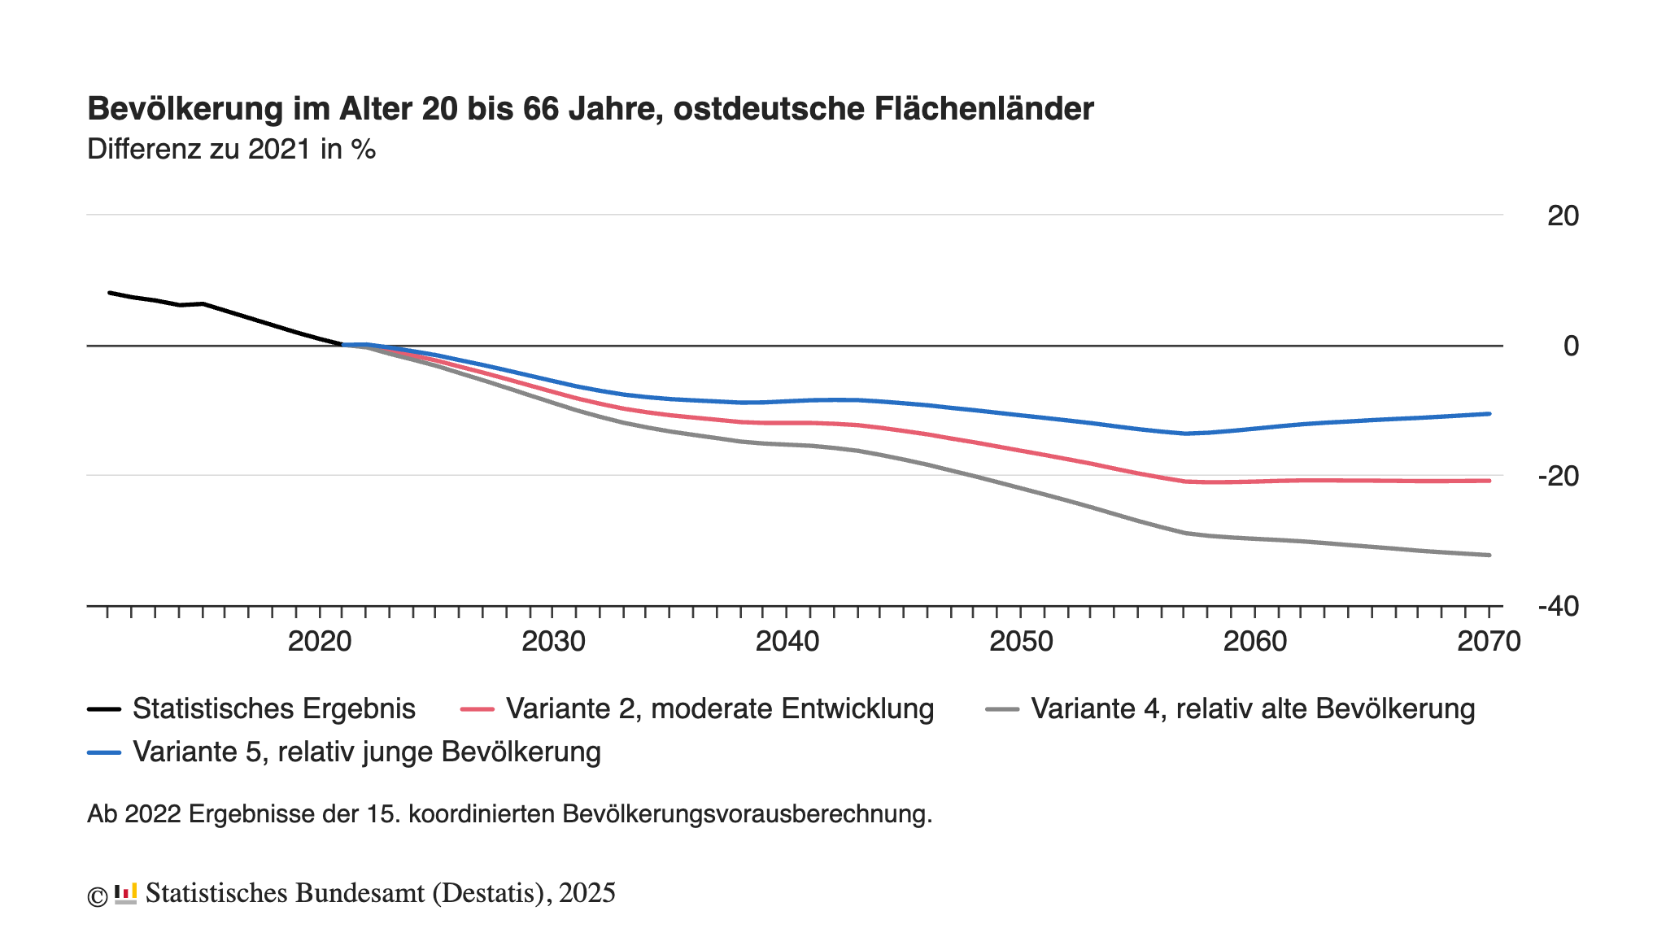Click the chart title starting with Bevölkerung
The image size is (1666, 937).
tap(590, 109)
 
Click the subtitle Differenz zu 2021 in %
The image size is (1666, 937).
tap(231, 150)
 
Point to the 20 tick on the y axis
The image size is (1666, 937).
tap(1563, 216)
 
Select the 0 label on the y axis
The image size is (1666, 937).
tap(1571, 346)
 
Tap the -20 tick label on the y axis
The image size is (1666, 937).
tap(1558, 477)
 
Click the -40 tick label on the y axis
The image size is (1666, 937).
tap(1558, 607)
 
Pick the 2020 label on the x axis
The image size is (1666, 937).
tap(320, 642)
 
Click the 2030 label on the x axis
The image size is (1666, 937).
tap(553, 642)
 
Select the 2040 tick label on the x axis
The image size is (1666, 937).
tap(787, 642)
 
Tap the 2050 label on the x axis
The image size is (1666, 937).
tap(1021, 642)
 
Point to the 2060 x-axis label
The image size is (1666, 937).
tap(1255, 642)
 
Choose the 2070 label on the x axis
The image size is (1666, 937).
tap(1489, 642)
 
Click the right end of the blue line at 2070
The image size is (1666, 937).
tap(1489, 414)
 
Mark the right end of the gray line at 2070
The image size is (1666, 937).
tap(1489, 556)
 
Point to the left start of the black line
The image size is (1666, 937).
tap(110, 293)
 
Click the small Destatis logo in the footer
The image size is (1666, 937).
tap(125, 894)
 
